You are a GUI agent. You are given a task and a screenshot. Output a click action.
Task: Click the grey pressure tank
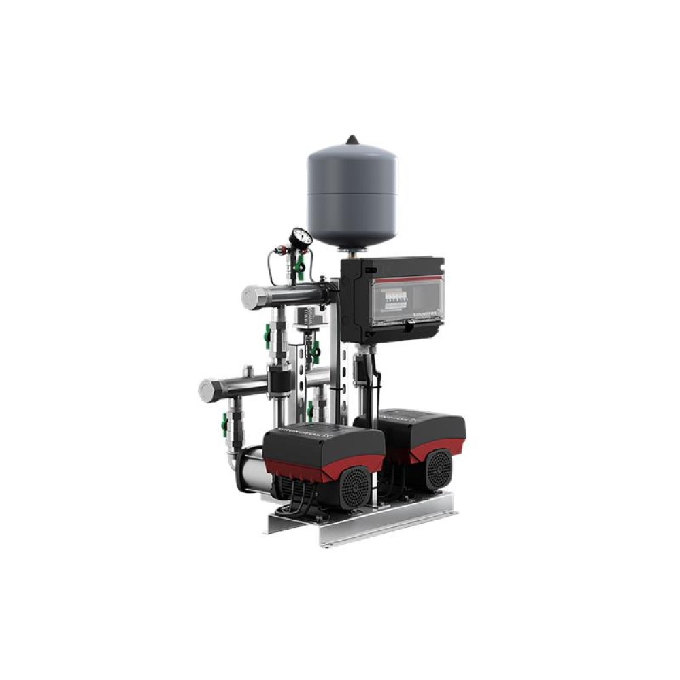[352, 194]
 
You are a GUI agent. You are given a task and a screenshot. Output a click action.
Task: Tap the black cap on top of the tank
[352, 140]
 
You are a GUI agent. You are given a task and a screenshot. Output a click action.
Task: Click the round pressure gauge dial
[300, 238]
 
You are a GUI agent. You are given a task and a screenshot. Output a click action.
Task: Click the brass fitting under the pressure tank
[352, 252]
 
